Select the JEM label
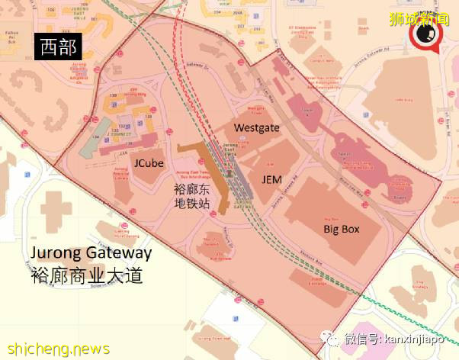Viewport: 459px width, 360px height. (271, 178)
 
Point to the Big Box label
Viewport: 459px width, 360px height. (341, 229)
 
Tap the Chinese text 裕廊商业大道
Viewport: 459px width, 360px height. (87, 275)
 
